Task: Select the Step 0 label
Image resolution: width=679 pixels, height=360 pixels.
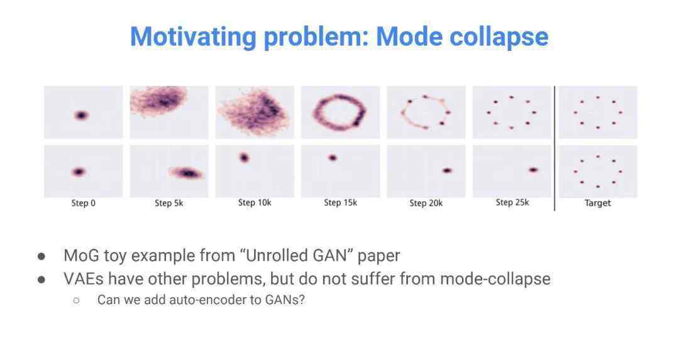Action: click(x=83, y=203)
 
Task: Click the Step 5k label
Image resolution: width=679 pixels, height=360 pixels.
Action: click(x=169, y=203)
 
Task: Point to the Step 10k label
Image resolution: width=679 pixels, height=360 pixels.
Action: click(x=255, y=202)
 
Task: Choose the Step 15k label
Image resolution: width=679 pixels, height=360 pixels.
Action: click(x=340, y=202)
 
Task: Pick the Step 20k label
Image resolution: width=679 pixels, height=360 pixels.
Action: click(x=426, y=203)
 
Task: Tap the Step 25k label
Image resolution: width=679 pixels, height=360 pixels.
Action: click(x=512, y=202)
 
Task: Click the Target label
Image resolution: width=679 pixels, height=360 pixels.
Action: click(x=598, y=203)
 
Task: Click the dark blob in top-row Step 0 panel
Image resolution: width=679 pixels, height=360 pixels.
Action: click(x=81, y=115)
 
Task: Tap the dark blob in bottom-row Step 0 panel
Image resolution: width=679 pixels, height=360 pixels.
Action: click(x=79, y=172)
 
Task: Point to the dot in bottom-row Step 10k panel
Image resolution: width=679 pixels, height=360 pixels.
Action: click(x=244, y=158)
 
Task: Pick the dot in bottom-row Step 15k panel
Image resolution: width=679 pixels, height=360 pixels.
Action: click(x=333, y=158)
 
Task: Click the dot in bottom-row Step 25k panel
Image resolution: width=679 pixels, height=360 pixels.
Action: click(x=533, y=170)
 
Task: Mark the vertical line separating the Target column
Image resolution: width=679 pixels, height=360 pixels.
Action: click(x=555, y=148)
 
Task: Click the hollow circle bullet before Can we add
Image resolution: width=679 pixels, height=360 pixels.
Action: click(x=77, y=300)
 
